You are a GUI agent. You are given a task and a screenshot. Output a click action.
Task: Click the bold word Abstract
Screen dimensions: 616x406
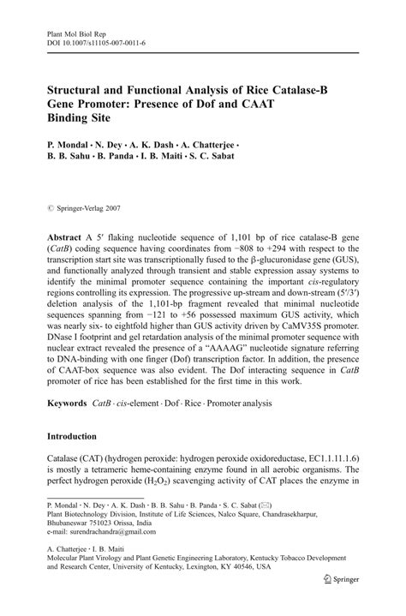[x=64, y=235]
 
